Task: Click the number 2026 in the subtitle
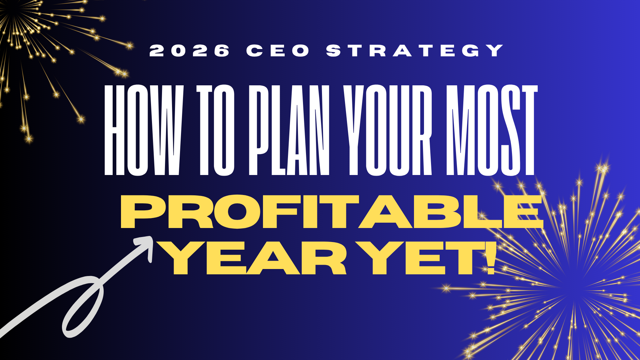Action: (x=190, y=51)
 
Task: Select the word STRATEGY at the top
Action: (x=415, y=51)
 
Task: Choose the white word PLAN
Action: (x=289, y=130)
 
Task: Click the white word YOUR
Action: (x=388, y=130)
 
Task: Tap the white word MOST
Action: (x=492, y=130)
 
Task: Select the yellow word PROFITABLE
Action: (x=332, y=212)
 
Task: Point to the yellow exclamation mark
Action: (x=488, y=258)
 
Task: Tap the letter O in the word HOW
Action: (x=137, y=130)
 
